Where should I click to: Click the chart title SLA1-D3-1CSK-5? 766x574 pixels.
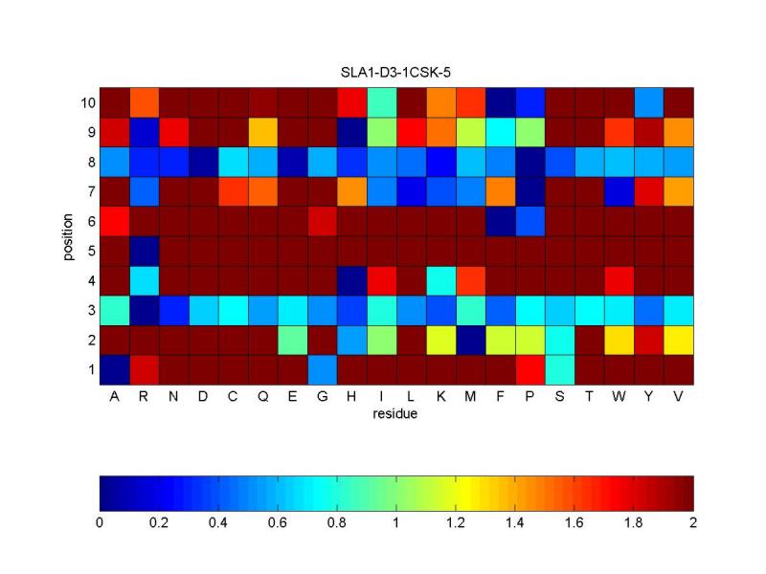click(396, 73)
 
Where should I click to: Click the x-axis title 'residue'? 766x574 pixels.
click(396, 414)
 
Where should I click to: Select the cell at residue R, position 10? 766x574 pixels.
click(144, 102)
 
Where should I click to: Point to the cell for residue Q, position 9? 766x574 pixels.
click(262, 132)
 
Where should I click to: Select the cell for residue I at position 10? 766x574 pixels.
click(381, 102)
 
